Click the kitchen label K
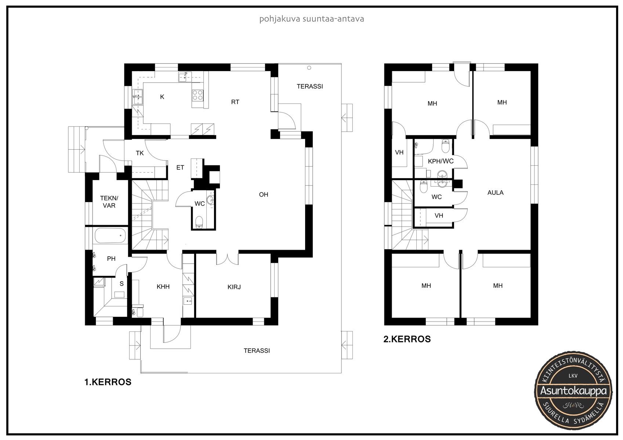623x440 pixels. [162, 97]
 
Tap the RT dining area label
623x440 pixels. [235, 102]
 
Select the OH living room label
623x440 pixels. [263, 194]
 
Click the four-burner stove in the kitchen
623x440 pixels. [198, 95]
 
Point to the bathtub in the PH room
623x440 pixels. [111, 236]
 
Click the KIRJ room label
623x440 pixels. [234, 287]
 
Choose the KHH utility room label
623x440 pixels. [163, 287]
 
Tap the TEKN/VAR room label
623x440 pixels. [109, 202]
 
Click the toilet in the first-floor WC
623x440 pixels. [199, 222]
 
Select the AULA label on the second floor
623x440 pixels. [495, 192]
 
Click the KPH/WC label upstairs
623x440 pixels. [441, 161]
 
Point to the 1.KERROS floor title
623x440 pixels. [108, 382]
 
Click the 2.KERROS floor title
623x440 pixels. [407, 339]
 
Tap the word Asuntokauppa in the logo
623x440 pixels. [573, 391]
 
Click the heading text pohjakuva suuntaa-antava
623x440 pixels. [311, 19]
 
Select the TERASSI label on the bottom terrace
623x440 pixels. [257, 351]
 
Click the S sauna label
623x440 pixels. [122, 283]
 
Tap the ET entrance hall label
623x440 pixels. [180, 168]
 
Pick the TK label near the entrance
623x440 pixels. [140, 153]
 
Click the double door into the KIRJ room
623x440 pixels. [228, 259]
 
